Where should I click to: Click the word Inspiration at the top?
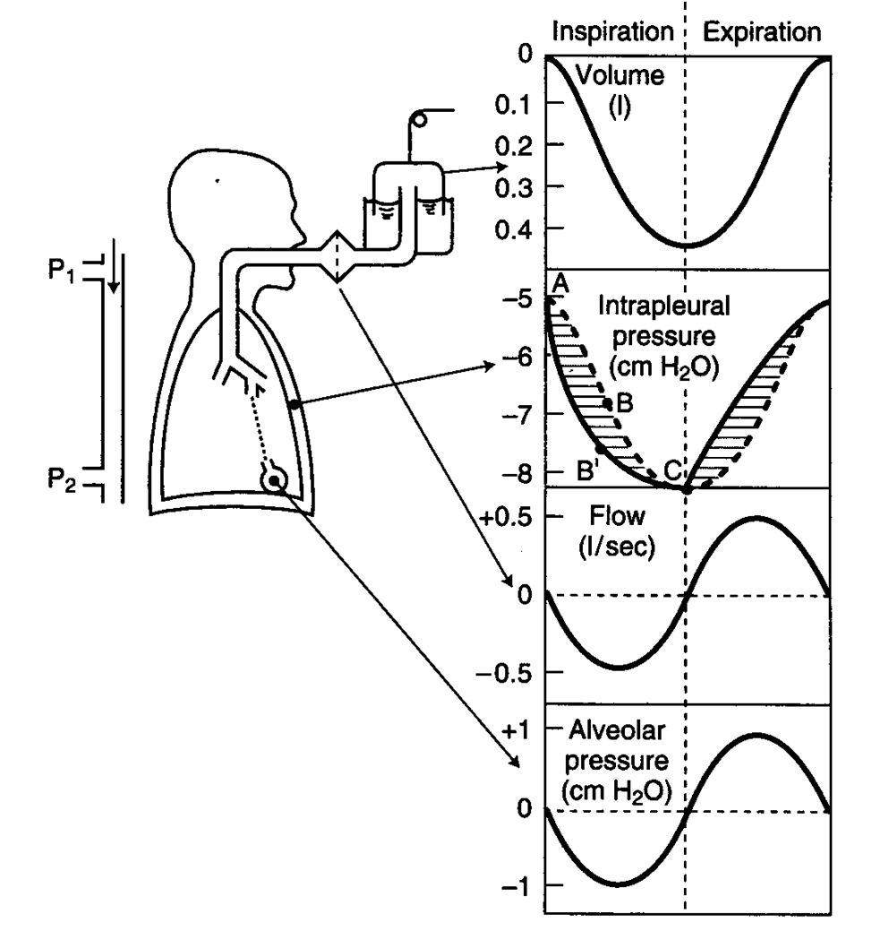click(612, 32)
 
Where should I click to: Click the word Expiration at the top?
click(761, 32)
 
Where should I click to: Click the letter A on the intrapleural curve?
click(561, 283)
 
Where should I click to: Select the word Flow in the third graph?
click(613, 517)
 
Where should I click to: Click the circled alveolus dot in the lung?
click(275, 481)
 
